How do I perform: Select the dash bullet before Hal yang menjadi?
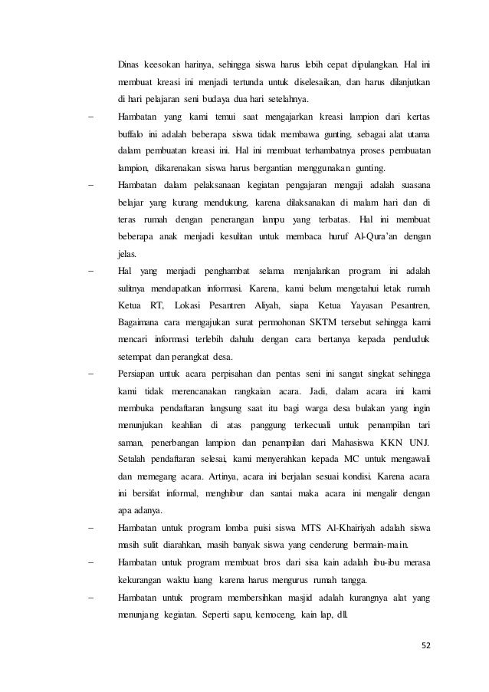(92, 271)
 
